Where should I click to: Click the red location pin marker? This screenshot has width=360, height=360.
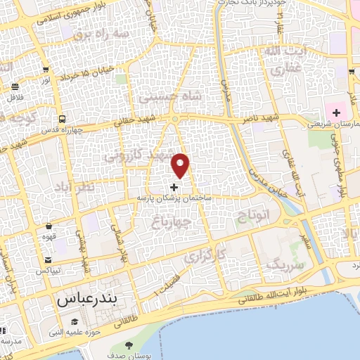click(181, 165)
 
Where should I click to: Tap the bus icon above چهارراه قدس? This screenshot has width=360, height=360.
click(63, 119)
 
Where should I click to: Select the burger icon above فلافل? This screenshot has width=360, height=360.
click(15, 87)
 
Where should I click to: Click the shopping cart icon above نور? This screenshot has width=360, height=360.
click(46, 70)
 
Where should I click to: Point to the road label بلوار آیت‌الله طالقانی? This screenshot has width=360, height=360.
click(295, 288)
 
